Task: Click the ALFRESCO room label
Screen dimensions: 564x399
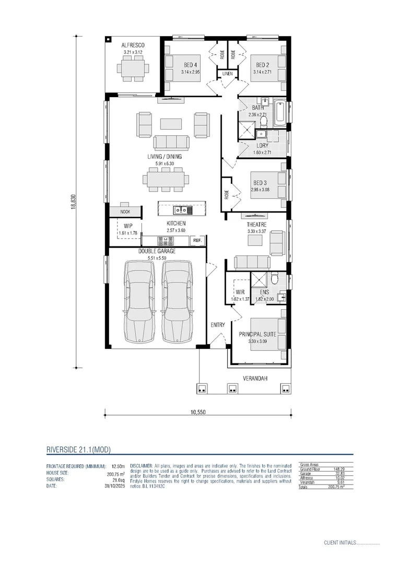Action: coord(133,45)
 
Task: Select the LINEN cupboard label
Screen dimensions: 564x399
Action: coord(227,74)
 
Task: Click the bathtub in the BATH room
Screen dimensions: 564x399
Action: coord(279,113)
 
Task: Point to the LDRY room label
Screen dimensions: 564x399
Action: coord(263,146)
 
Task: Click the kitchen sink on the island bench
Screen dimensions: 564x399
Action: coord(181,210)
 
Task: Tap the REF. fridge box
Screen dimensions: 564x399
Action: coord(197,241)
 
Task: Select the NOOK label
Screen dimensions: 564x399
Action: coord(125,212)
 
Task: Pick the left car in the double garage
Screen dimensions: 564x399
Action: coord(139,302)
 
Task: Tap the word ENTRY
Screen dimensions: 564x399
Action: coord(218,325)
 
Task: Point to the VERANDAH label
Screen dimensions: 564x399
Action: coord(255,378)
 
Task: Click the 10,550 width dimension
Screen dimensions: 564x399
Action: coord(197,412)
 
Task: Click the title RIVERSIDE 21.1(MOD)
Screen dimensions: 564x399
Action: coord(78,450)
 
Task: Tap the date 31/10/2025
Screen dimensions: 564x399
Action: coord(114,485)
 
